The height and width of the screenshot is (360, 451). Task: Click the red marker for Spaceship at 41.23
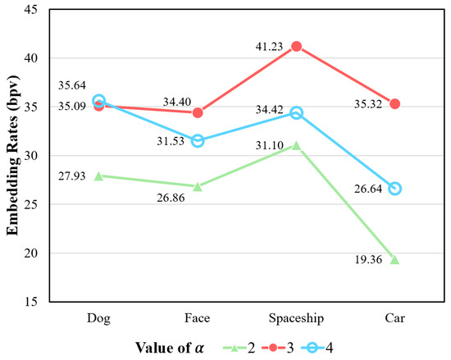pos(296,46)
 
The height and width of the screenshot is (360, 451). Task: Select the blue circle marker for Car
pos(394,189)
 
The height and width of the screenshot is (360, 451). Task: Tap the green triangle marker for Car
pos(394,259)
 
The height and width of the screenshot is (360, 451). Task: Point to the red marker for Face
pos(198,112)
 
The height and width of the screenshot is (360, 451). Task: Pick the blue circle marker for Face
pos(198,140)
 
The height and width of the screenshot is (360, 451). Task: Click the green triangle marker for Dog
pos(98,175)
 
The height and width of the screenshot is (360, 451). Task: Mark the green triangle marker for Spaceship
pos(296,145)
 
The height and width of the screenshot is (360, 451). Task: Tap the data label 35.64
pos(72,84)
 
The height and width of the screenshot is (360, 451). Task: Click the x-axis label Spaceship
pos(296,314)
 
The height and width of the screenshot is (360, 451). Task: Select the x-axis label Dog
pos(98,314)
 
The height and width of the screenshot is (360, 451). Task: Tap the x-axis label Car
pos(394,314)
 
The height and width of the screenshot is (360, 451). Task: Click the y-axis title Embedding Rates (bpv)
pos(13,156)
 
